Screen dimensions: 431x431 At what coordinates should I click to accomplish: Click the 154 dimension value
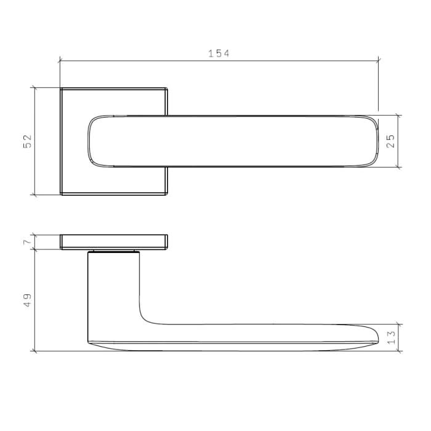click(218, 54)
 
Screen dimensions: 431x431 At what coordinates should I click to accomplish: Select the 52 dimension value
click(27, 142)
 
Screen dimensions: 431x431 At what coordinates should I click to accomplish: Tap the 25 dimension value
click(390, 141)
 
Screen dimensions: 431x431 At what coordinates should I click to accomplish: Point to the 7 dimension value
click(27, 242)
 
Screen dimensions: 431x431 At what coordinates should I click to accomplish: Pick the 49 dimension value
click(27, 300)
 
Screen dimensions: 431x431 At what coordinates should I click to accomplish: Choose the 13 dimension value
click(390, 337)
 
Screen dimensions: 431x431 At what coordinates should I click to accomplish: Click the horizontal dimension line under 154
click(154, 61)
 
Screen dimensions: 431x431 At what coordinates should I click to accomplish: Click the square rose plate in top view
click(74, 179)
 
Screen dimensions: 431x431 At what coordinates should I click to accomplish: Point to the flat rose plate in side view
click(114, 242)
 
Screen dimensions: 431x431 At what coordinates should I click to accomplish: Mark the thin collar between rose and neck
click(113, 251)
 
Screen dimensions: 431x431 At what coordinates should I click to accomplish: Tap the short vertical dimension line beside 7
click(35, 242)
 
